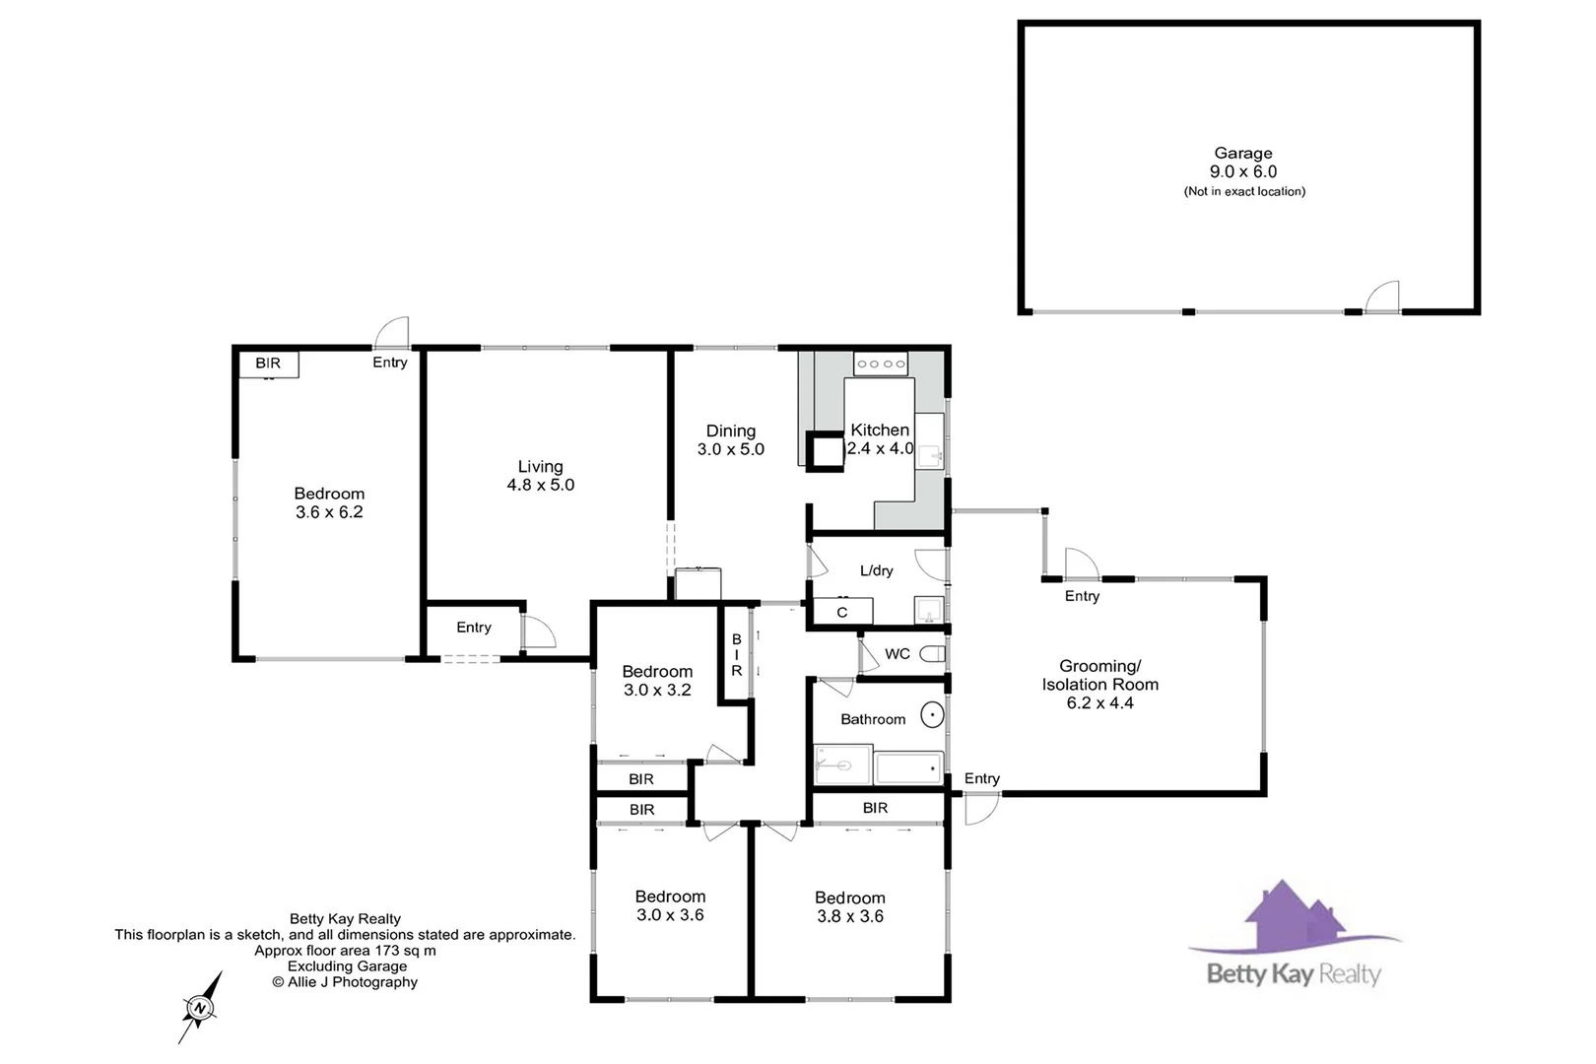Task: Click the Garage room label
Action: (1242, 154)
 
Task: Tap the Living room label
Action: (540, 467)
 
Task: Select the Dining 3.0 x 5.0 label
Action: (731, 439)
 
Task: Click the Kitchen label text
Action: (880, 431)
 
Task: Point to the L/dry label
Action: (876, 570)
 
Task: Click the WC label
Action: (898, 654)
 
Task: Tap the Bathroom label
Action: (873, 719)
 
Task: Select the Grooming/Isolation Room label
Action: (1099, 676)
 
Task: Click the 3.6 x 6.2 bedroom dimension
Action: (329, 512)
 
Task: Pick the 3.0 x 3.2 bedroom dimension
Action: (657, 690)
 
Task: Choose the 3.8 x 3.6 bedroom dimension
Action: (850, 916)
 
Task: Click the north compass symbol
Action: (200, 1007)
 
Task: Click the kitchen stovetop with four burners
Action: (881, 364)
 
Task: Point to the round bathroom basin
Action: (932, 715)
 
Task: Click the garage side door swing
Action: (1382, 296)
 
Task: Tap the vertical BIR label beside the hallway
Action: (736, 655)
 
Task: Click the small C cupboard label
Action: (842, 613)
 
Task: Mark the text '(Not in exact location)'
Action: (1244, 192)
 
